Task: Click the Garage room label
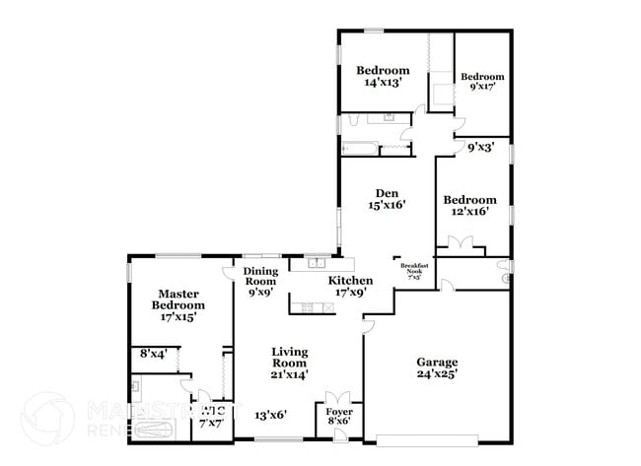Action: coord(437,361)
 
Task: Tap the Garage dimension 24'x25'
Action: coord(437,373)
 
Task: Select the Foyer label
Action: coord(339,410)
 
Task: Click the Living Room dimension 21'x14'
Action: coord(290,373)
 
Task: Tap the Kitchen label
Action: coord(350,281)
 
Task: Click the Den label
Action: coord(387,193)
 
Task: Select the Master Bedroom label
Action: coord(178,300)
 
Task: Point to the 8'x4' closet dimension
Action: coord(153,353)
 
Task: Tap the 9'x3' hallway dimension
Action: coord(480,147)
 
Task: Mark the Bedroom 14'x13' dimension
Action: coord(382,84)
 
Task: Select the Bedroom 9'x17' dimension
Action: coord(482,87)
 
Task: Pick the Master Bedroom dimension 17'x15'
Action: coord(178,317)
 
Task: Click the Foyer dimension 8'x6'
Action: coord(339,421)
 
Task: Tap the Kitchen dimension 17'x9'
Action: coord(350,293)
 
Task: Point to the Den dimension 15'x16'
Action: coord(387,206)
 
